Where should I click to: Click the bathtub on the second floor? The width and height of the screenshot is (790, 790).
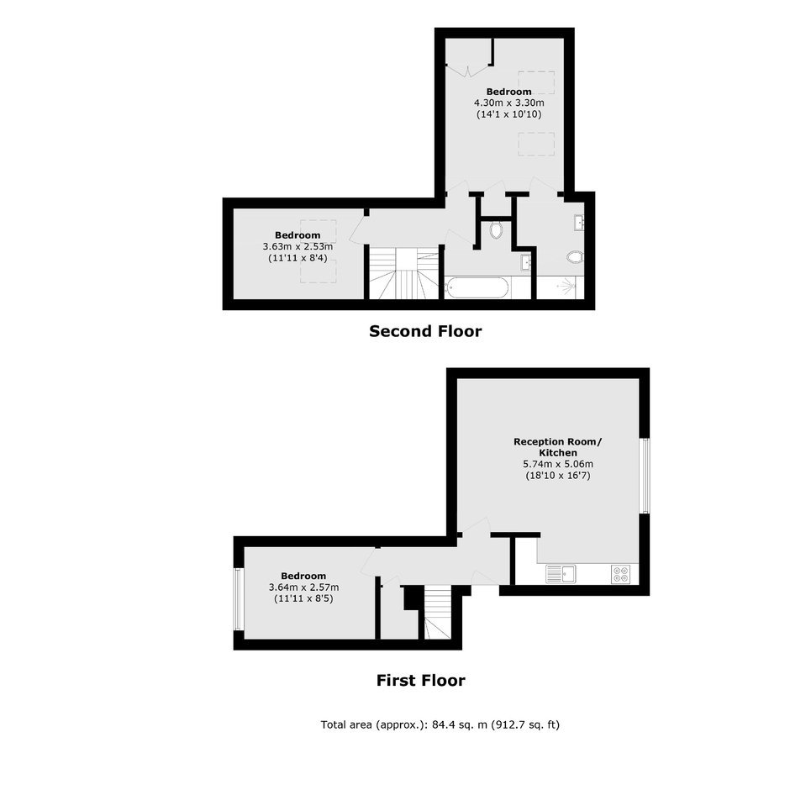coord(477,287)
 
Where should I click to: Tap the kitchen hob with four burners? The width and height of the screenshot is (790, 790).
coord(620,574)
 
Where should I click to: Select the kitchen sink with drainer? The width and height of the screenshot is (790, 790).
coord(561,574)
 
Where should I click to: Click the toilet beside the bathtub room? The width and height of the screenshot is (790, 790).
coord(496,229)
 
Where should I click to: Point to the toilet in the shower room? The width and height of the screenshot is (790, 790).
coord(574,257)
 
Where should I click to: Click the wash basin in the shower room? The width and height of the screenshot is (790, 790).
coord(578,222)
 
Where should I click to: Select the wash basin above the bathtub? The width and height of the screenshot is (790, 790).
coord(525,262)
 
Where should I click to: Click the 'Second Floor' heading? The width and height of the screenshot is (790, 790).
coord(425,331)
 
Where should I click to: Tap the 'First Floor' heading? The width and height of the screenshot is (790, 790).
coord(421,680)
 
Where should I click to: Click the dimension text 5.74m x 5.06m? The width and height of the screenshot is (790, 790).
coord(558,464)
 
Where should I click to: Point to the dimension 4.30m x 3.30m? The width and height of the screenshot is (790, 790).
coord(508,103)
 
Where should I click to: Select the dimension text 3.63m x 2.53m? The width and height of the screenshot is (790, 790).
coord(298,246)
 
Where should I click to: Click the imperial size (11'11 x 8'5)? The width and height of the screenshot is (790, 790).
coord(303,598)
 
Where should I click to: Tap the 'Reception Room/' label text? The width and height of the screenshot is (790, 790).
coord(558,442)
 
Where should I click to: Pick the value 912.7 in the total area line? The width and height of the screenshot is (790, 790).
coord(508,724)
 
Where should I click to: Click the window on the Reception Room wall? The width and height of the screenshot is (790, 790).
coord(645,476)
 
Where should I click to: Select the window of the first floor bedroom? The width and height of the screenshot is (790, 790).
coord(239,598)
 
